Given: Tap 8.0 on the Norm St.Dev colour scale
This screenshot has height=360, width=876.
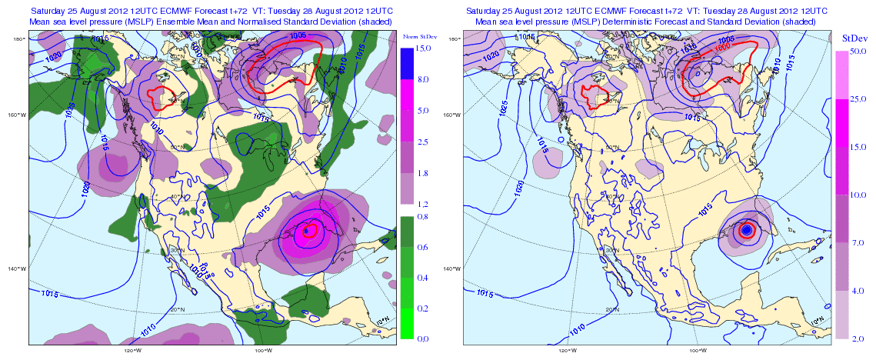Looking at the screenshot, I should [421, 79].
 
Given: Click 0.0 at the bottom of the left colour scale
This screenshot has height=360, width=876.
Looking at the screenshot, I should [421, 338].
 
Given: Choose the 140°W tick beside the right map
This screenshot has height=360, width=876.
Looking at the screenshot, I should [451, 268].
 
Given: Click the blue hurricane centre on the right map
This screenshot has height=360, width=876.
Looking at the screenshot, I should [745, 229].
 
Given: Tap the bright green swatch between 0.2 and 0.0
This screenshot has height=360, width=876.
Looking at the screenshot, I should [408, 323].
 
